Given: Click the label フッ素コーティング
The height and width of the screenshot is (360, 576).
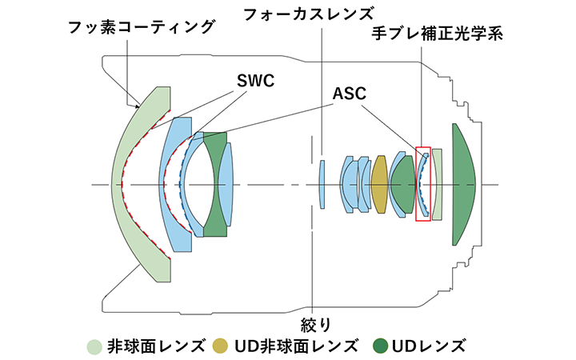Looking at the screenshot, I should click(x=142, y=27).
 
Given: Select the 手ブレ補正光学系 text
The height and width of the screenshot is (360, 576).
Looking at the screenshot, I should click(x=438, y=34).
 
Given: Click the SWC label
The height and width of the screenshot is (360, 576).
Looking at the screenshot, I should click(x=255, y=81).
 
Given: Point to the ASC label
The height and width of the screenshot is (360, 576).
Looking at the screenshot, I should click(x=350, y=93).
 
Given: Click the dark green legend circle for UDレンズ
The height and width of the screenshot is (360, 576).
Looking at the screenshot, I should click(x=381, y=346).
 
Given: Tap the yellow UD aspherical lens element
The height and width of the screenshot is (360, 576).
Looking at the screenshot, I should click(x=379, y=184).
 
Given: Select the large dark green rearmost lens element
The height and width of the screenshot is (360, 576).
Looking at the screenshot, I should click(x=462, y=184).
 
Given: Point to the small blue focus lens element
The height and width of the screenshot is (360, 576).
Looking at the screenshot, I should click(x=322, y=184).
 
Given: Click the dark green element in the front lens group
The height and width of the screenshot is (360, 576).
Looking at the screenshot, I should click(x=214, y=184).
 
